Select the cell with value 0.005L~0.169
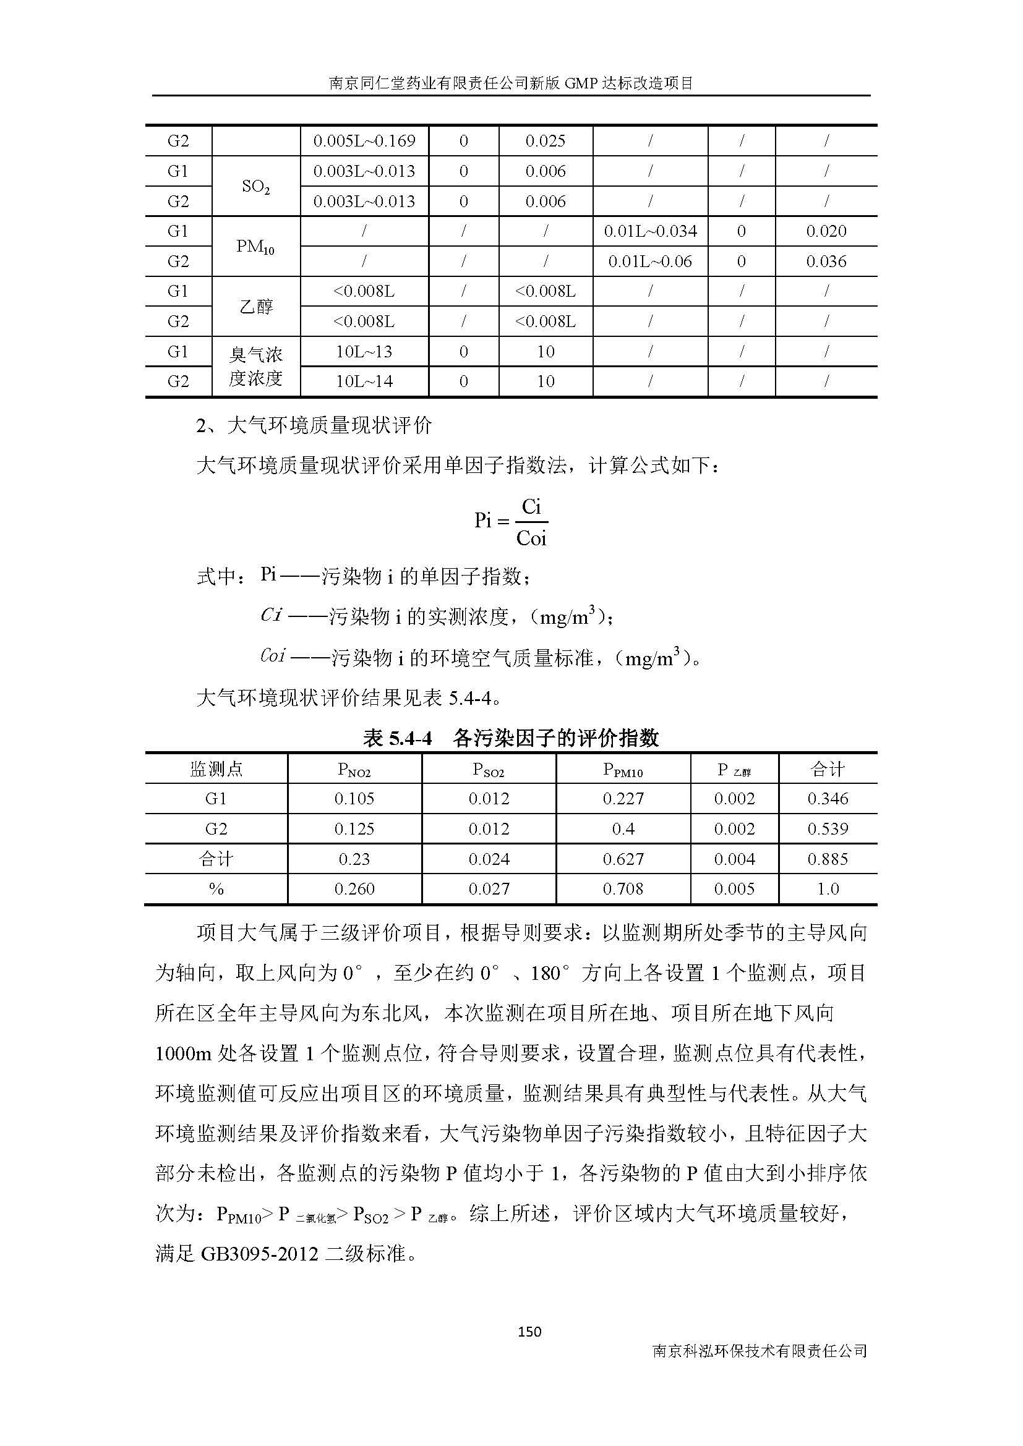click(364, 140)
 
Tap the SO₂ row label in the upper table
click(256, 187)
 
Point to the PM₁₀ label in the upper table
click(256, 246)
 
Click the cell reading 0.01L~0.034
click(650, 231)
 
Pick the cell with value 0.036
click(826, 262)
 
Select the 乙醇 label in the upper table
click(256, 307)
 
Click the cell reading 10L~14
click(364, 381)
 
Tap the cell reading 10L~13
click(364, 351)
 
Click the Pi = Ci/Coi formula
click(511, 522)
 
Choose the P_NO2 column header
click(354, 769)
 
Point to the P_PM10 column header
click(623, 769)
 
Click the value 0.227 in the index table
click(623, 799)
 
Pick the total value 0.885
click(827, 859)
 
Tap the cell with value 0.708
click(623, 888)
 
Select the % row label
click(216, 888)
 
